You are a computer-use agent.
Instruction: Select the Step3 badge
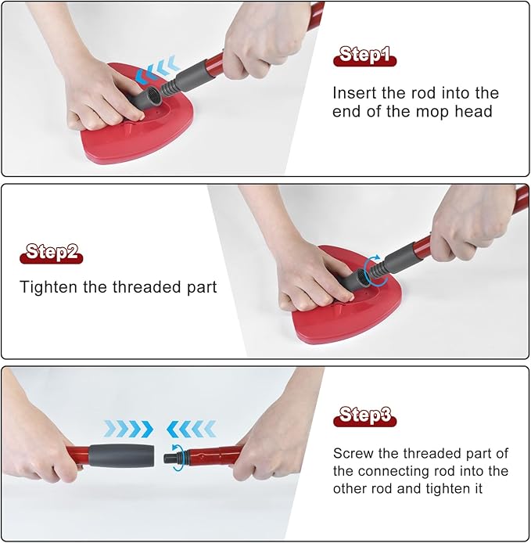tap(364, 415)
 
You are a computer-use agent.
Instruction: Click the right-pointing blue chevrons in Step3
tap(128, 429)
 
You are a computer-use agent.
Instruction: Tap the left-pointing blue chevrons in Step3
tap(190, 429)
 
